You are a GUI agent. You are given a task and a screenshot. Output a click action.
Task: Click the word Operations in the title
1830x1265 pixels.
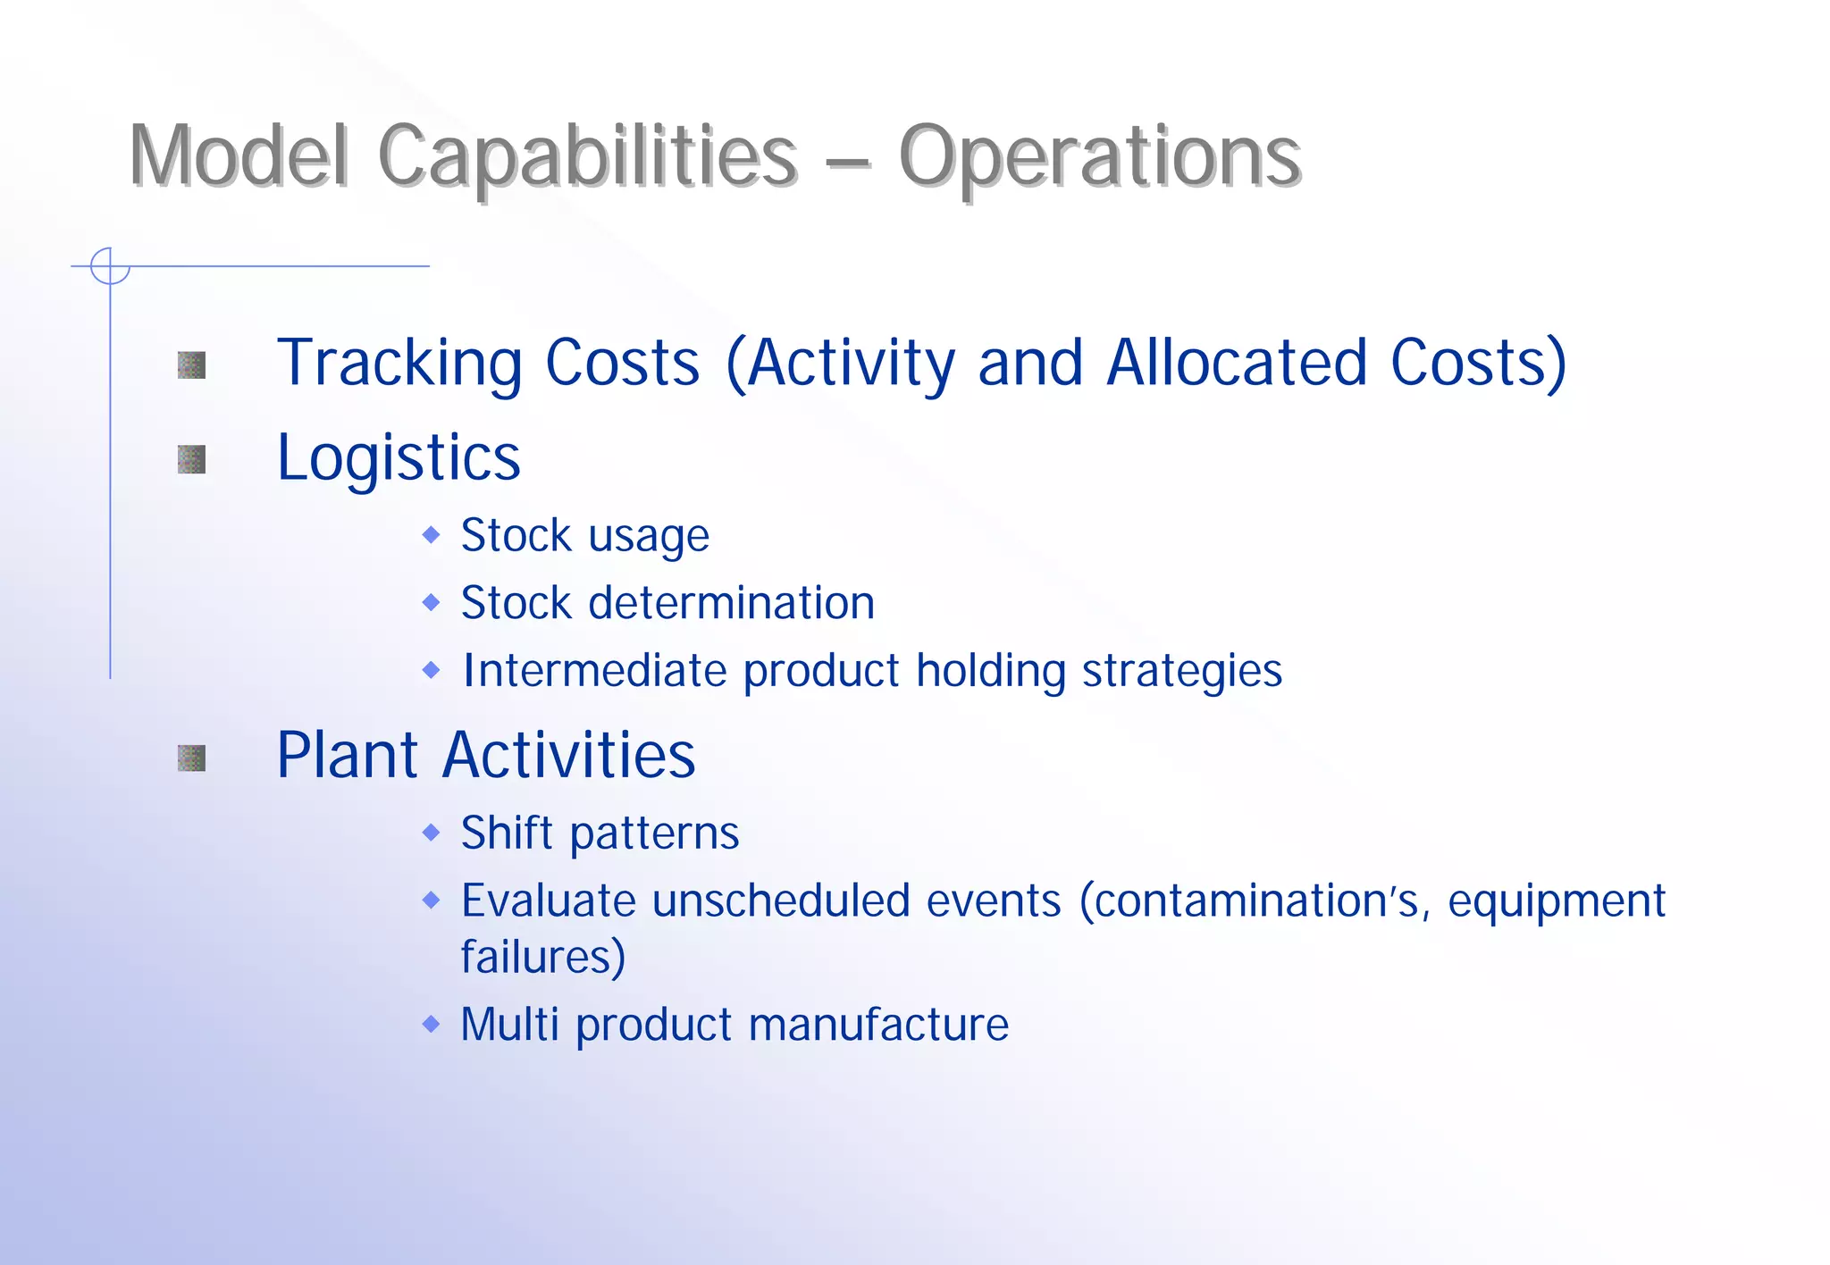(1099, 157)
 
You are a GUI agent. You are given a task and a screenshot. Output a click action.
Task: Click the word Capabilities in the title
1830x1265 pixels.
(587, 157)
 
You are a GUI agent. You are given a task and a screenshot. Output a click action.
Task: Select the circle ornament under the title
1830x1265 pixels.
(110, 266)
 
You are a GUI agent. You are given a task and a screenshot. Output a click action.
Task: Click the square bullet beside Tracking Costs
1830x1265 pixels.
(191, 364)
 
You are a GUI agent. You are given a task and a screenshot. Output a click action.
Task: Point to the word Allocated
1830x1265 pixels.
(1237, 363)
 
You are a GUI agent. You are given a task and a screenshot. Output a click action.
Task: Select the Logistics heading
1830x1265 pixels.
(399, 458)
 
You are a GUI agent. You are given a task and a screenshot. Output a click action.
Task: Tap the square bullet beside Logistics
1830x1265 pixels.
(191, 459)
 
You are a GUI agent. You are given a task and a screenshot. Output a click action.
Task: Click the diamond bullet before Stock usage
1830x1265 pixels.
(432, 535)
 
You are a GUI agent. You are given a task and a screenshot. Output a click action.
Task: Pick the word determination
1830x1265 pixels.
(731, 603)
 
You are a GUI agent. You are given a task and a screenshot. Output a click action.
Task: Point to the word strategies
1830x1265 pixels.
(1181, 672)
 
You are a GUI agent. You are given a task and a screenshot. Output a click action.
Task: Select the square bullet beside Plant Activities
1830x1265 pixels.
(191, 758)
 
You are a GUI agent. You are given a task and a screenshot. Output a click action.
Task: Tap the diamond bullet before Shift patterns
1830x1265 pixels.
(432, 833)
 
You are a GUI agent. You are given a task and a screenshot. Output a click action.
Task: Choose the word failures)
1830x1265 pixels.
(542, 958)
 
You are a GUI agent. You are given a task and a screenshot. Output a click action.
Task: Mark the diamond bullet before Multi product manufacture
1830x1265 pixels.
(432, 1024)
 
